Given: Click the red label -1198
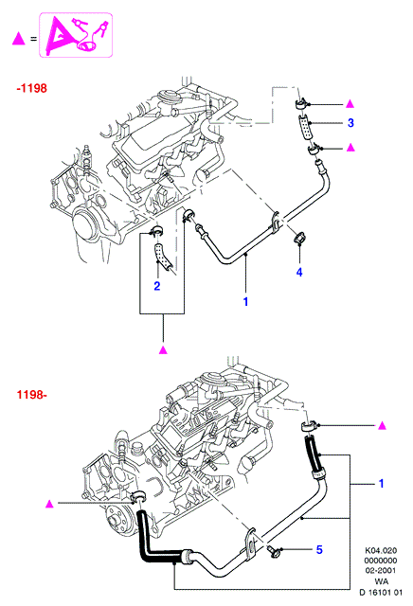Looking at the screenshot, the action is (x=31, y=88).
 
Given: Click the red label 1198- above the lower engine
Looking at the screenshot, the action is (x=31, y=395).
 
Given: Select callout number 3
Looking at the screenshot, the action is (x=350, y=123).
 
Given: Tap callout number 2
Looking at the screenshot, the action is (x=156, y=286).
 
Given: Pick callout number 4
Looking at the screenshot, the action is (x=299, y=272).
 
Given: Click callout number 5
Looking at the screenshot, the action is (x=319, y=549).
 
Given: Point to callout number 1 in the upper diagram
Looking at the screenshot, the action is (x=245, y=301).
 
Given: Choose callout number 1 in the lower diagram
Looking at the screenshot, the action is (x=381, y=484).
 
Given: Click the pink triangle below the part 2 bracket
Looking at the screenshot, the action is (x=163, y=349).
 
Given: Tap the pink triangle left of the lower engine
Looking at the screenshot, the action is (x=49, y=504).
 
